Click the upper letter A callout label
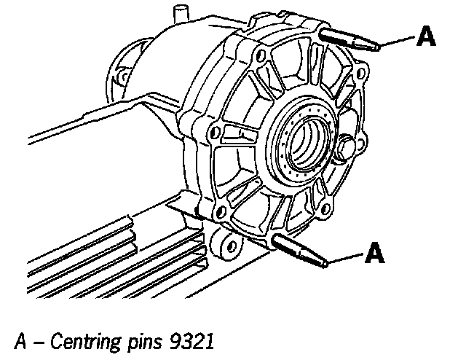[426, 36]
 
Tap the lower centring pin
[299, 249]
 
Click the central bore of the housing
[303, 138]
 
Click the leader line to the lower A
[346, 257]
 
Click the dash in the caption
[39, 340]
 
